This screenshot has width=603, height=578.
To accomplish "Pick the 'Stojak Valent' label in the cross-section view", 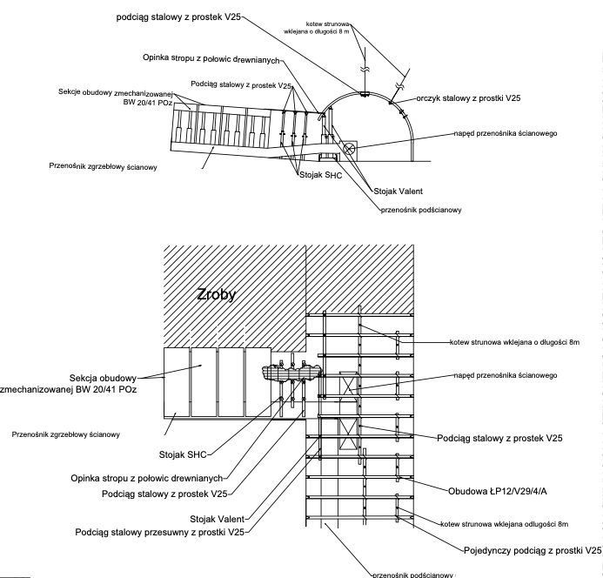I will (x=397, y=189).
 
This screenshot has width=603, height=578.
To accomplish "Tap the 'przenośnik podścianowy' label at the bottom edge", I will (x=412, y=574).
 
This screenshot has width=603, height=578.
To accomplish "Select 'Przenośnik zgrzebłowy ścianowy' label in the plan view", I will (x=66, y=433).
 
